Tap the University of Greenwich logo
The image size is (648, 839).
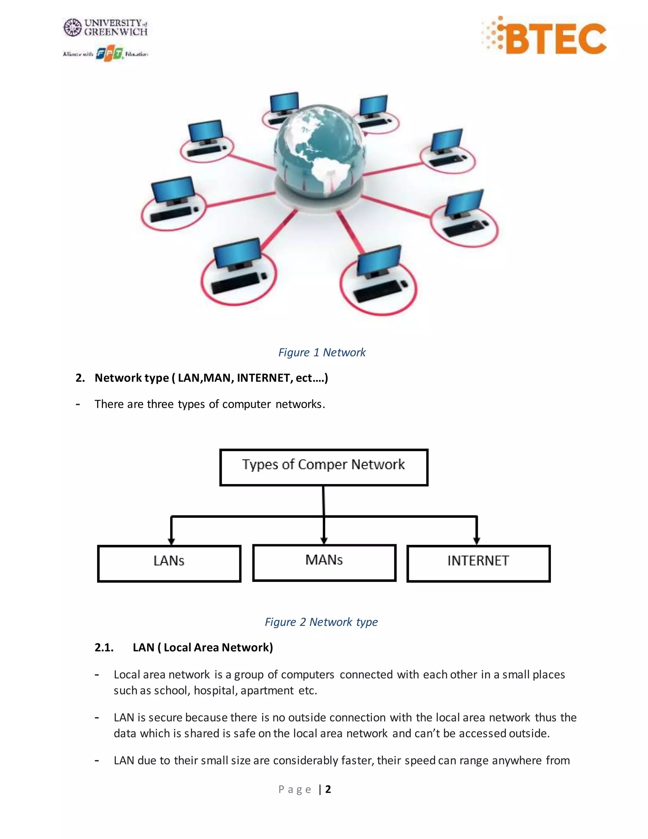[x=106, y=28]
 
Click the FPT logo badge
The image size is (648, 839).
[x=109, y=54]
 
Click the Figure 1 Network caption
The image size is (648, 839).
[x=322, y=352]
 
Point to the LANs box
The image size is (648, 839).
[x=169, y=563]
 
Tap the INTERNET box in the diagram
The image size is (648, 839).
[x=478, y=563]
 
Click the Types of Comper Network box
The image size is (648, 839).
[x=324, y=467]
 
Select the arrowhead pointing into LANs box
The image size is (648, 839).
[x=171, y=541]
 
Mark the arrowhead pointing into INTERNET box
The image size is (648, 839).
[x=477, y=541]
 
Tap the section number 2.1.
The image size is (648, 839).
[x=104, y=648]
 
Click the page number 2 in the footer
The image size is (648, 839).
[x=328, y=789]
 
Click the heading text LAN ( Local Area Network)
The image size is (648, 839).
[x=203, y=648]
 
